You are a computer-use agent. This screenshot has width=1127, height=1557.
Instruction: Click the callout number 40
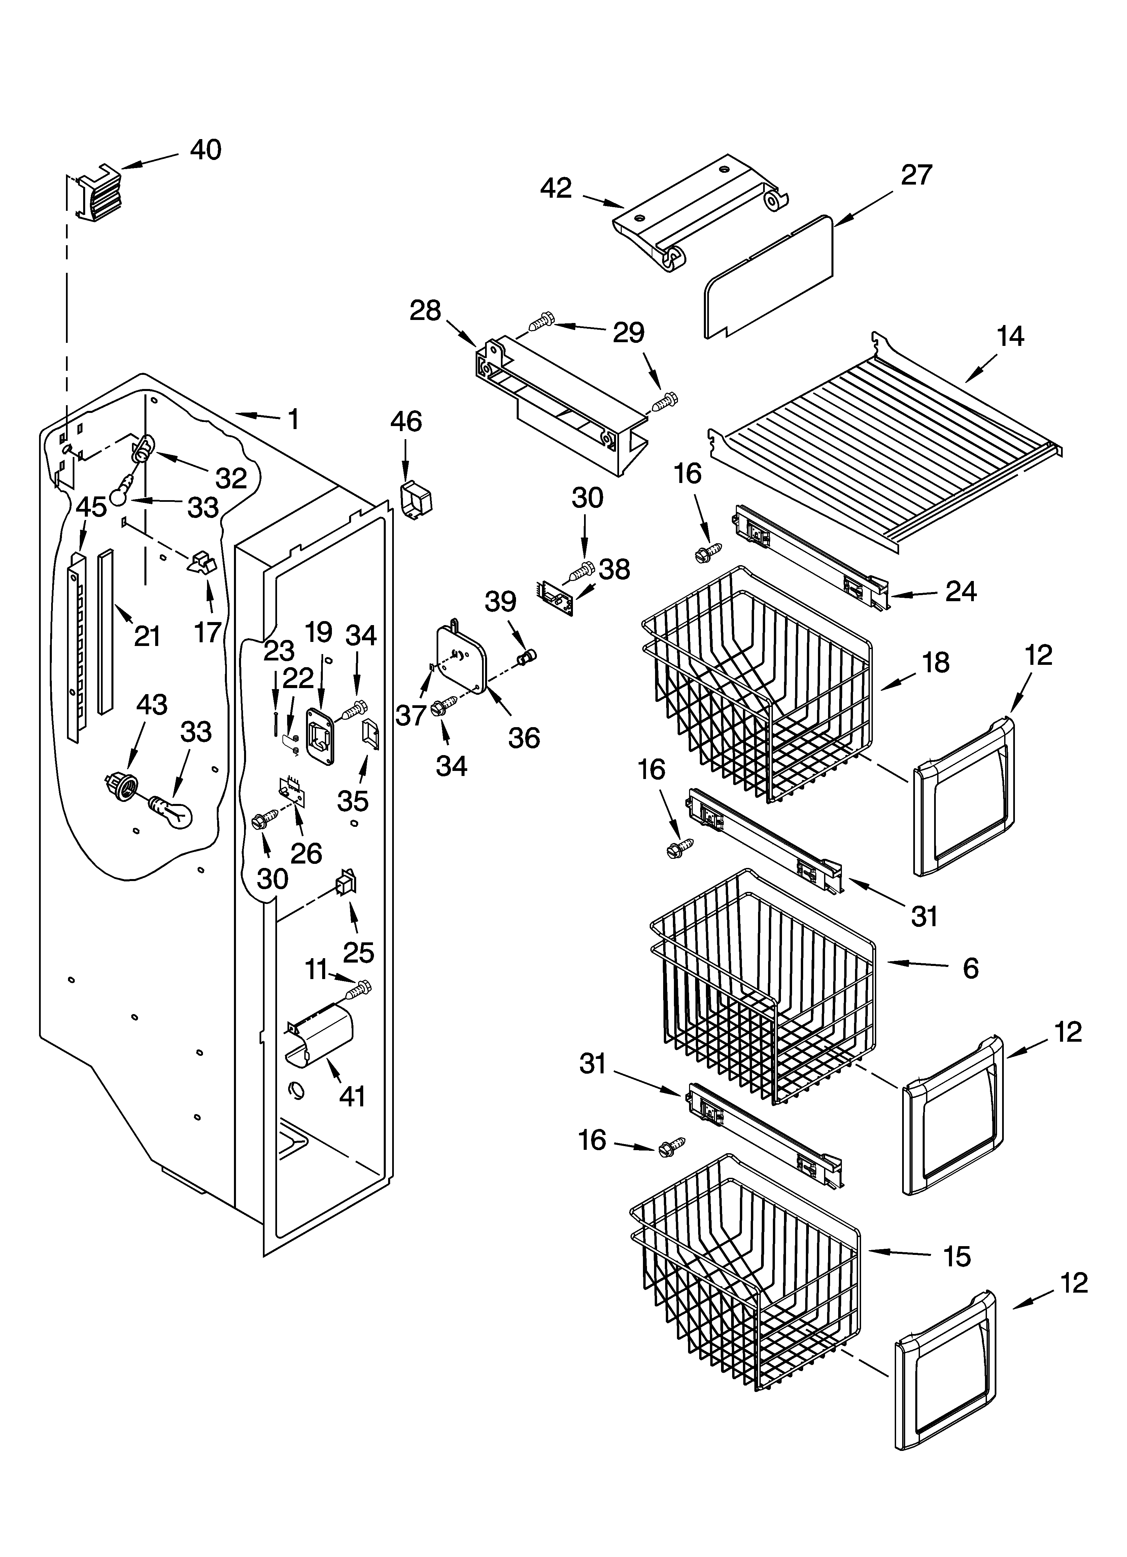point(205,150)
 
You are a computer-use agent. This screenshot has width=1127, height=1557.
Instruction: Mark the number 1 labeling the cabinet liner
point(293,419)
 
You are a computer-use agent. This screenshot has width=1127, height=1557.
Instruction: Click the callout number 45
point(91,507)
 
